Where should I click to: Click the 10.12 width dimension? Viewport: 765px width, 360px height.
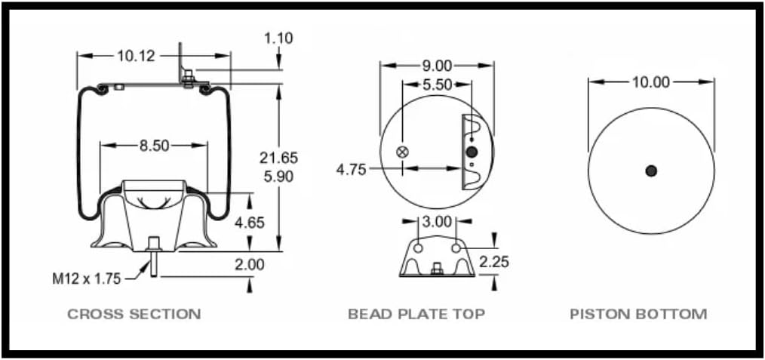click(136, 55)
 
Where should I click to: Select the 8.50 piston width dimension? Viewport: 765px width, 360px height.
click(154, 146)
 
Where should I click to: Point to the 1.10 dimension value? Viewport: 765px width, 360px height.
click(278, 38)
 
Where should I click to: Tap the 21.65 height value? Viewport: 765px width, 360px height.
click(278, 158)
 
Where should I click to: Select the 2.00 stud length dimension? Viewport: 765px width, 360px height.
click(250, 264)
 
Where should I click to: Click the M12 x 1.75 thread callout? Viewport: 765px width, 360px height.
click(86, 278)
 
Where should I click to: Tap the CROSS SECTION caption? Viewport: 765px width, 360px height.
click(134, 314)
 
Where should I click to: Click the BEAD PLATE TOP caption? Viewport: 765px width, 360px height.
click(416, 314)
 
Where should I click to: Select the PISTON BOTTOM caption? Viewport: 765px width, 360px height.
click(638, 314)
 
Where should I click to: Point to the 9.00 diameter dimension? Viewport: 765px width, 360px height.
click(437, 66)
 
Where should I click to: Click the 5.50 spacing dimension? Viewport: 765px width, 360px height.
click(437, 85)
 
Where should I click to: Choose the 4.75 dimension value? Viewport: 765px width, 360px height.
click(351, 169)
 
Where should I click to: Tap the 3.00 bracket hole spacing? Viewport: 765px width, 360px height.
click(437, 222)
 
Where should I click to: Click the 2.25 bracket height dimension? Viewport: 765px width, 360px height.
click(493, 261)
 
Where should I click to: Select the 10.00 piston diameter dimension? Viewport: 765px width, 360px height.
click(650, 82)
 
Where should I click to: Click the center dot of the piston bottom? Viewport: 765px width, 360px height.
click(651, 171)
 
